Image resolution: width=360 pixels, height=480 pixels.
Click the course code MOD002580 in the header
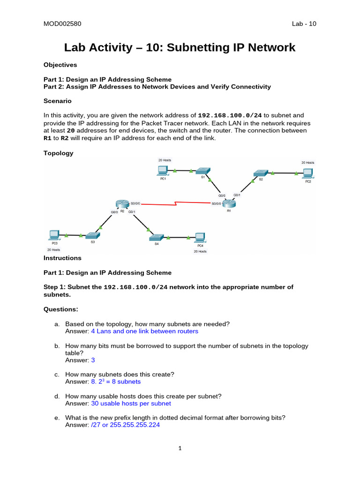tap(59, 24)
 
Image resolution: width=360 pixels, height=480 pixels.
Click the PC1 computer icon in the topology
tap(163, 171)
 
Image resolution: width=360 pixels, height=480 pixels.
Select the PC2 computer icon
tap(308, 173)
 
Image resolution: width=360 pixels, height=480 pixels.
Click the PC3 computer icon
tap(54, 235)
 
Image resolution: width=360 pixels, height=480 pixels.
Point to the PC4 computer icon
tap(200, 237)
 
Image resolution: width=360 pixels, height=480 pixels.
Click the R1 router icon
tap(229, 203)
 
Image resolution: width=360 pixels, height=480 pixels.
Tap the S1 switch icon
tap(203, 171)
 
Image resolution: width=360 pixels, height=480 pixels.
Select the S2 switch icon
tap(261, 173)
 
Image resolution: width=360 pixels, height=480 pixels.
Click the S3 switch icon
tap(92, 235)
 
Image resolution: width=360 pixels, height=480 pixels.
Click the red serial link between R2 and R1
tap(175, 204)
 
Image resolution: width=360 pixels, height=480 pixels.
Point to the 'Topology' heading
tap(58, 153)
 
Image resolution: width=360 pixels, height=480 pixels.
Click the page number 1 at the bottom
tap(180, 448)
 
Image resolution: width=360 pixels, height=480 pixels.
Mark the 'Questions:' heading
tap(61, 309)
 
